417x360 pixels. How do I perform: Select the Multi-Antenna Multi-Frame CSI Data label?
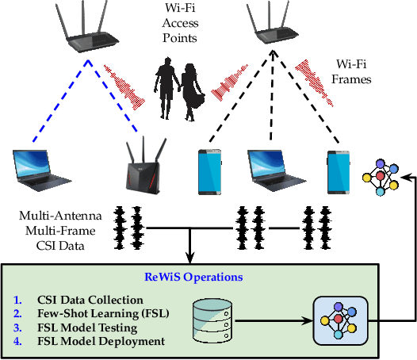(59, 225)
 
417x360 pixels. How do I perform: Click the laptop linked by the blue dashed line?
(40, 171)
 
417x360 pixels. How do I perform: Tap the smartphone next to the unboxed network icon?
(339, 170)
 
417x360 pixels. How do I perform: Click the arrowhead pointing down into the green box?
(190, 258)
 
